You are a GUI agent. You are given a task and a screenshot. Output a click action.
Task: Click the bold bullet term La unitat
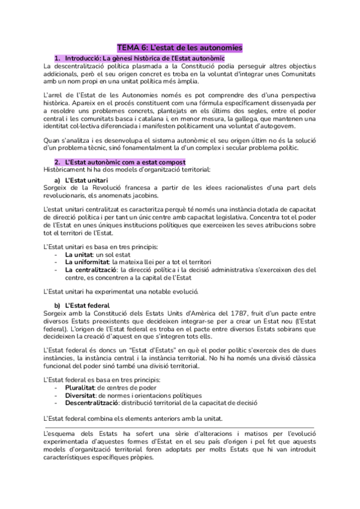pos(76,254)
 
